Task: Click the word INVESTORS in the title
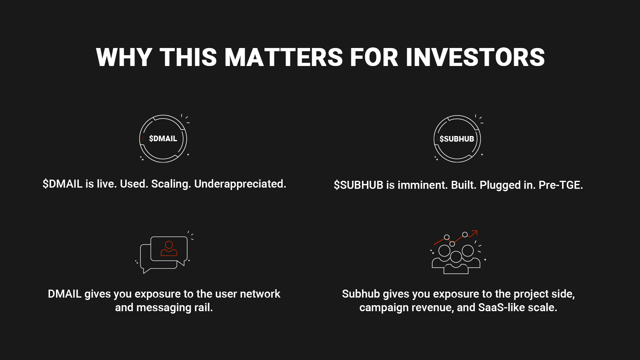point(475,57)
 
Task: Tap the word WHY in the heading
point(124,57)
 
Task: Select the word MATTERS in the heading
point(284,57)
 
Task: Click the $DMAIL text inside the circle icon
point(163,138)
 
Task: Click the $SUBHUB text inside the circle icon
point(456,139)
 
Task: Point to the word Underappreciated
point(240,184)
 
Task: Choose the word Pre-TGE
point(560,185)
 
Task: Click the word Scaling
point(171,184)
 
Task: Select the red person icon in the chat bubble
point(169,248)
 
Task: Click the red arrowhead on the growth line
point(474,233)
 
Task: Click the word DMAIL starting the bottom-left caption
point(64,294)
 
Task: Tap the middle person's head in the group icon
point(456,256)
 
